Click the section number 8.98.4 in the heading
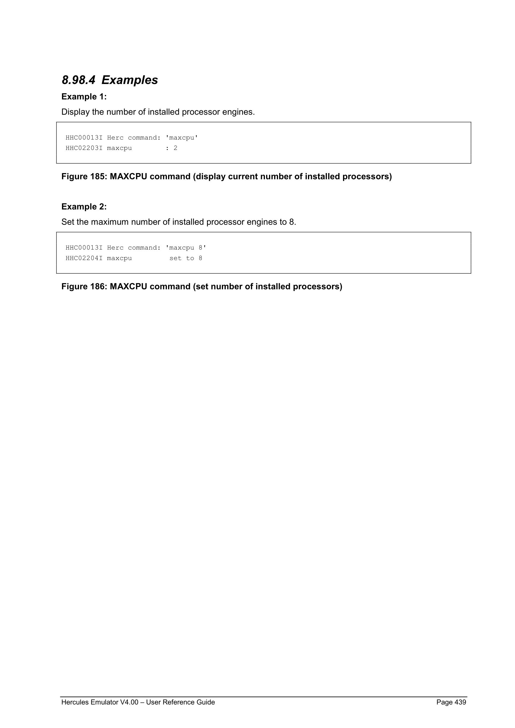pos(78,80)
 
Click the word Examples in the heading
pos(130,80)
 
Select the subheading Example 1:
pos(84,97)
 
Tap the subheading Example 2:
pos(84,207)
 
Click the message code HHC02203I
pos(84,148)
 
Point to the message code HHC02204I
pos(84,258)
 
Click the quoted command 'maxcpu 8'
pos(186,248)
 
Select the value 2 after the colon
pos(175,148)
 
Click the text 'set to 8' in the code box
pos(186,258)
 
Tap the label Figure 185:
pos(84,177)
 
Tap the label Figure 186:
pos(84,287)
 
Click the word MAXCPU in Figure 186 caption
pos(128,287)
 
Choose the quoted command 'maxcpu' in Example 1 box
pos(182,137)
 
